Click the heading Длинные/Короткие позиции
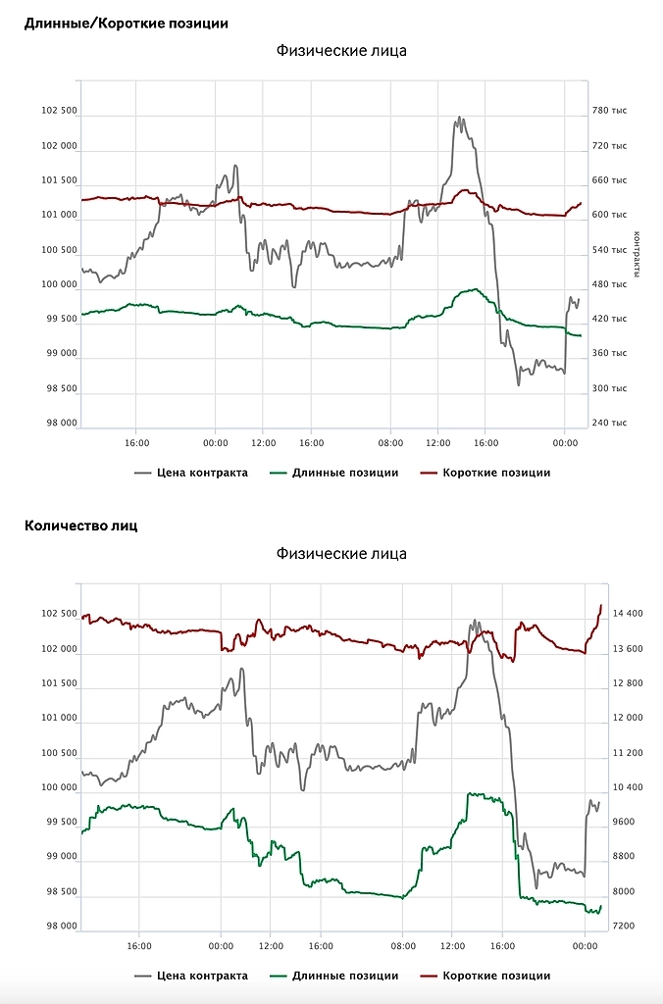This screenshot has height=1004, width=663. [x=126, y=23]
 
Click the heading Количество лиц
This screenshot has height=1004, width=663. [x=80, y=526]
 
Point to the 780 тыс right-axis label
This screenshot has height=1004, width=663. [x=609, y=112]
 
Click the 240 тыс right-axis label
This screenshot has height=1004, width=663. [x=609, y=423]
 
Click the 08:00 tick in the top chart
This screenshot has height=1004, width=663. [x=390, y=442]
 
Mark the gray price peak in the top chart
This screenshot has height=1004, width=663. [x=458, y=118]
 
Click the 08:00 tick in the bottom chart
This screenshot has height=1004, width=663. [x=403, y=946]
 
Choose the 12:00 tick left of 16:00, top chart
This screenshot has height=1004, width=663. [x=262, y=442]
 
